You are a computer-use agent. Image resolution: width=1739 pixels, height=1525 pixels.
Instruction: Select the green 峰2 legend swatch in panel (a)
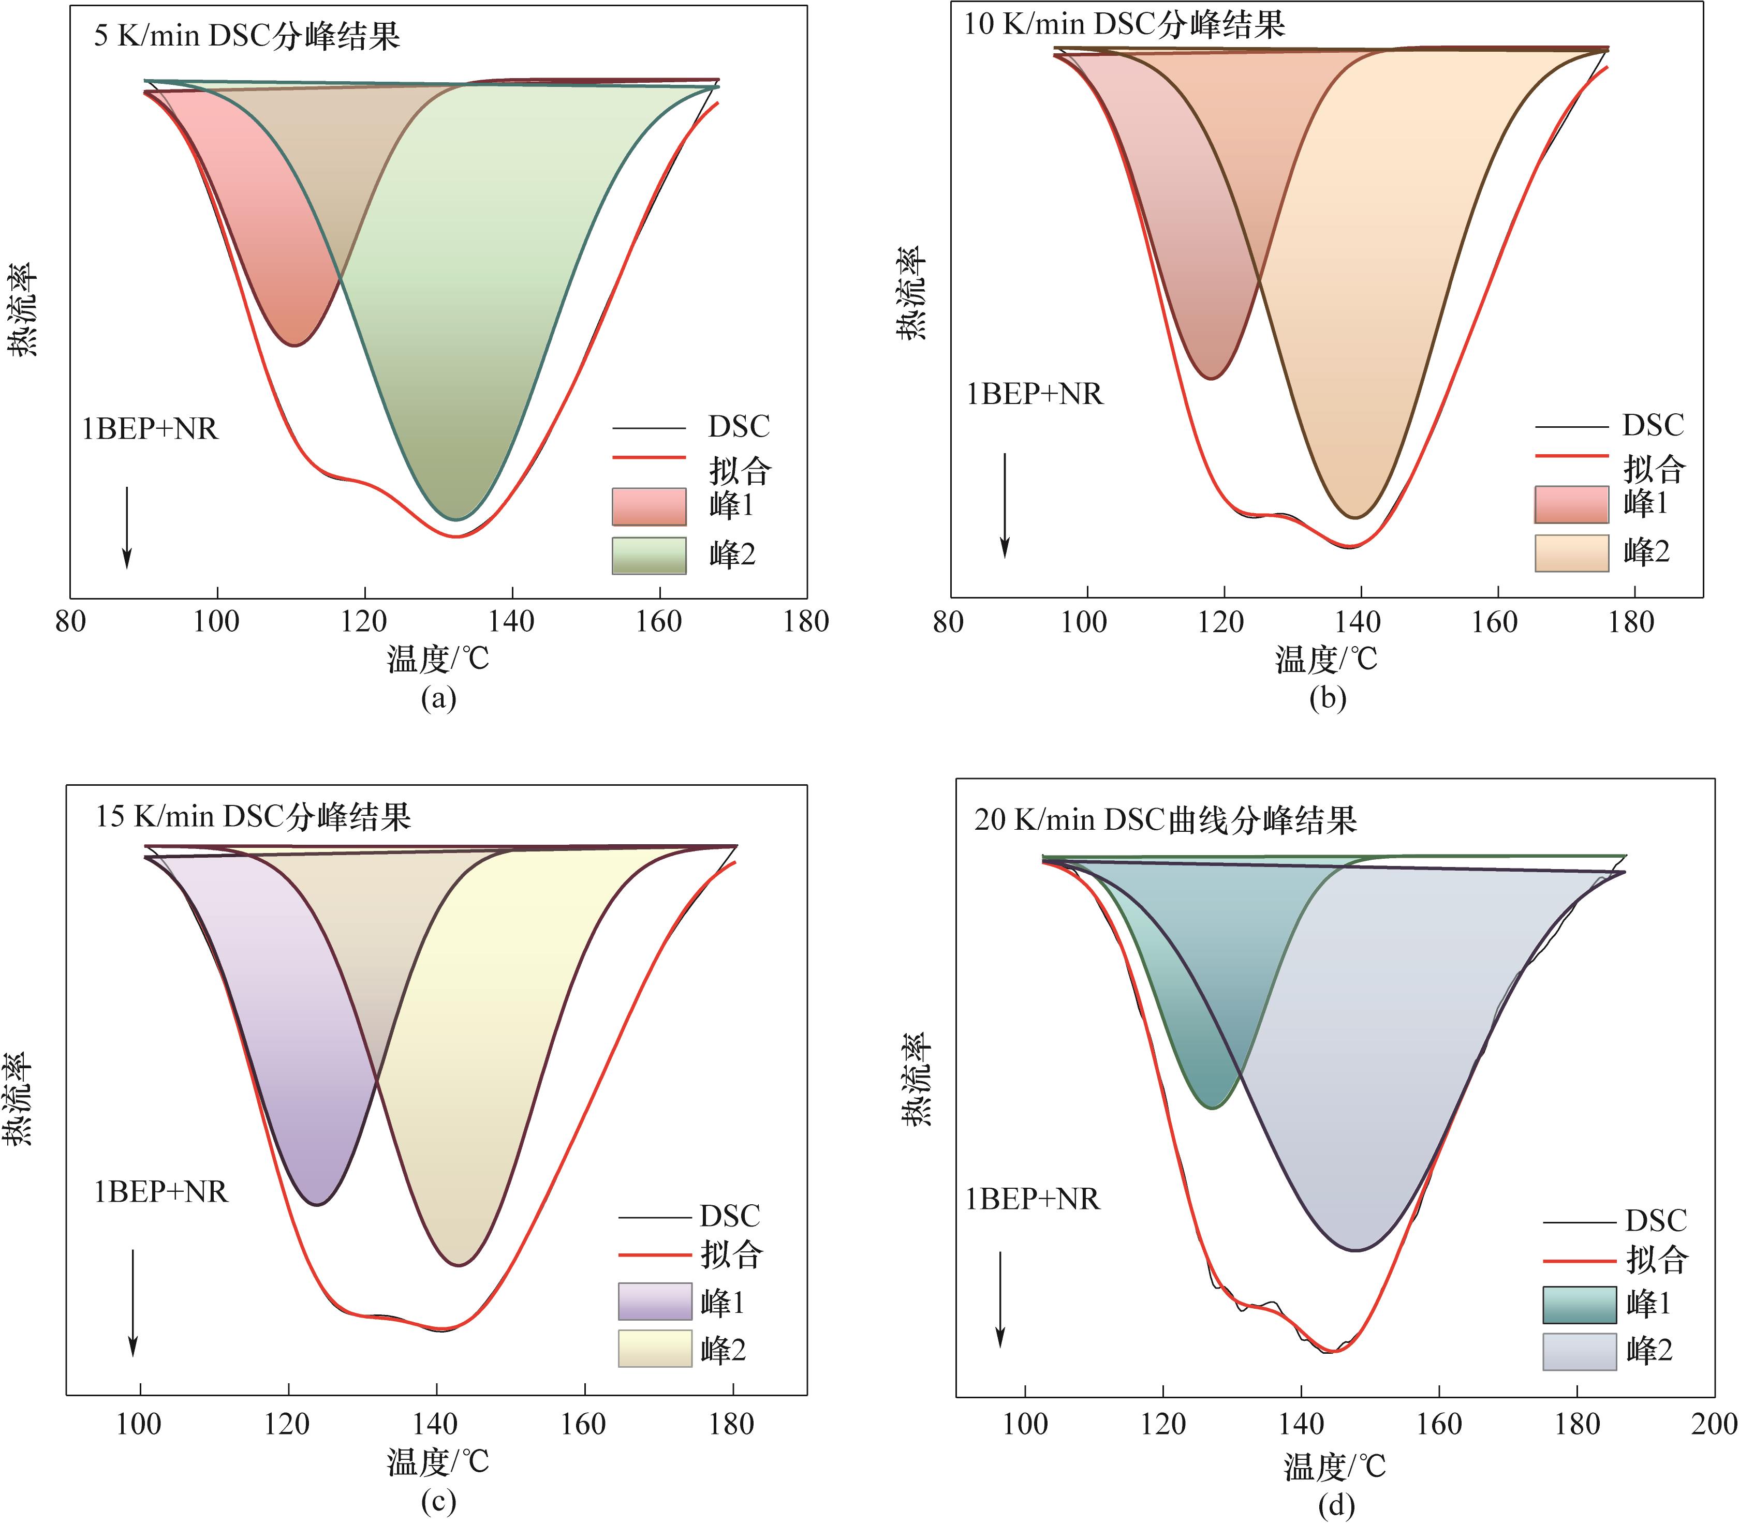[x=649, y=556]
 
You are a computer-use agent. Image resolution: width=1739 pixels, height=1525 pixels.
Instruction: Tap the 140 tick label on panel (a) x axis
[x=512, y=622]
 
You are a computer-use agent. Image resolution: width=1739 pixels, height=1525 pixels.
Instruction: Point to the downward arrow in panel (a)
[x=127, y=527]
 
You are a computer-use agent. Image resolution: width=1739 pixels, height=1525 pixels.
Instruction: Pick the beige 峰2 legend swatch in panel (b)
[x=1571, y=554]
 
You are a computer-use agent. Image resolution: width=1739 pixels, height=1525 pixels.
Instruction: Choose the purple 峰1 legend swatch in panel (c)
[x=655, y=1302]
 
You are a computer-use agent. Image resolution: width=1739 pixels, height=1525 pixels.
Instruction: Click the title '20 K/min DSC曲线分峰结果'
[x=1166, y=820]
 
